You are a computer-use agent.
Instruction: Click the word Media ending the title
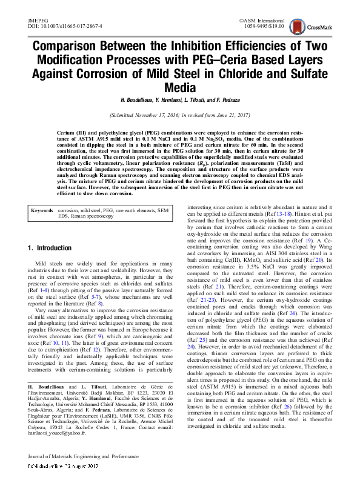pyautogui.click(x=179, y=87)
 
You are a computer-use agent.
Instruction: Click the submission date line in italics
pyautogui.click(x=179, y=115)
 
